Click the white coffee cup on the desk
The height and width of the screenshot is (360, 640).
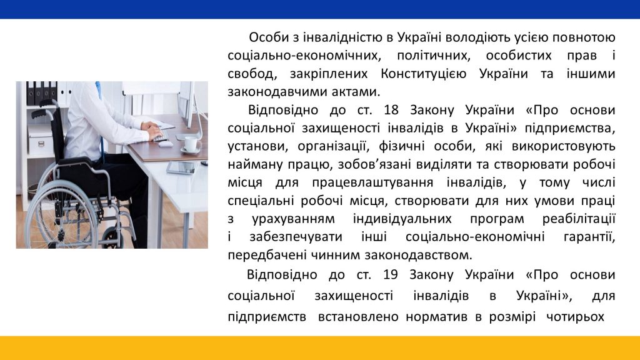[191, 144]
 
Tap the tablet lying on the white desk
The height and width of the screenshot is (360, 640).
[182, 167]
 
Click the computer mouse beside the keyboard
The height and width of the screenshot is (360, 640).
[165, 143]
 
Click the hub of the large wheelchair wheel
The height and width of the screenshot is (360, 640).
[61, 216]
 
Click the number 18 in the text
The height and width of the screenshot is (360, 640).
[391, 110]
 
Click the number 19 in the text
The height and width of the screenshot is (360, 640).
[390, 275]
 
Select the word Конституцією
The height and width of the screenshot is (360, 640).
[423, 74]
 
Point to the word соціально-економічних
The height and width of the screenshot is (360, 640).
[304, 56]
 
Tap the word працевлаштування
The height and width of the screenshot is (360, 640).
[372, 183]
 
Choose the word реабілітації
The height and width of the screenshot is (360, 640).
[578, 219]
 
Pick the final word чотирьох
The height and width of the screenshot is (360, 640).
[575, 317]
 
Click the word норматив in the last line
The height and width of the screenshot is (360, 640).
[436, 317]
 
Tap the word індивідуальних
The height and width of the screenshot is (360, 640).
[402, 219]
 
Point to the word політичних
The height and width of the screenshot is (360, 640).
[434, 56]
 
